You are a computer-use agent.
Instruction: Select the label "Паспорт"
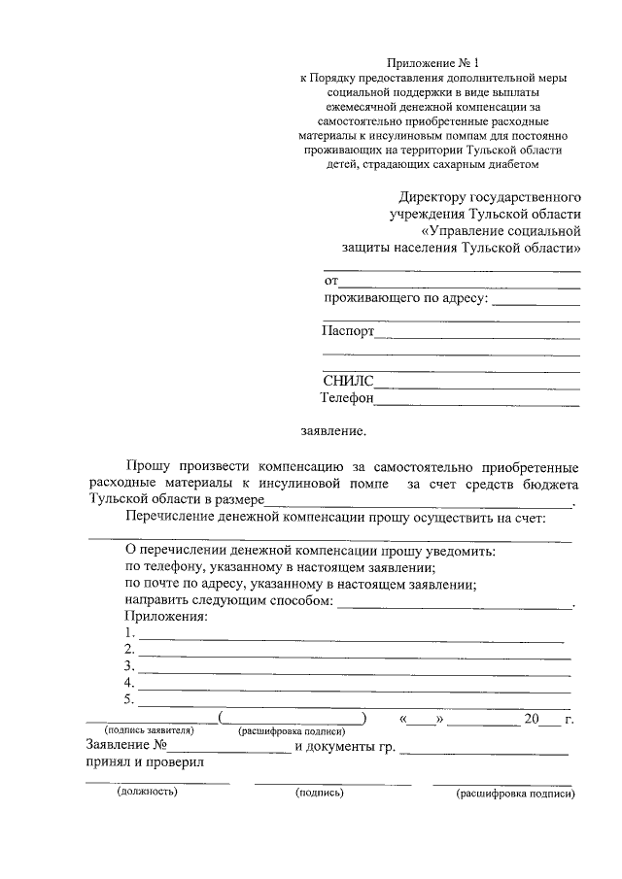347,330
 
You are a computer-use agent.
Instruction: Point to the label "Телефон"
347,397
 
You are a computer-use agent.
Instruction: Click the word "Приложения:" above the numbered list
166,617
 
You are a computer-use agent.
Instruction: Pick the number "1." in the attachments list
130,633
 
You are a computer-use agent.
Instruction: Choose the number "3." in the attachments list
130,666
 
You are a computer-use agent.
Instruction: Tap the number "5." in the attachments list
130,699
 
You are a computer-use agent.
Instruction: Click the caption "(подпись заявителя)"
149,731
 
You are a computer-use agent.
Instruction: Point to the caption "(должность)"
147,793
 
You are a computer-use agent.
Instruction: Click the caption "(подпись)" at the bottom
320,793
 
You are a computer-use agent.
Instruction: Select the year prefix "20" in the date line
531,719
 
